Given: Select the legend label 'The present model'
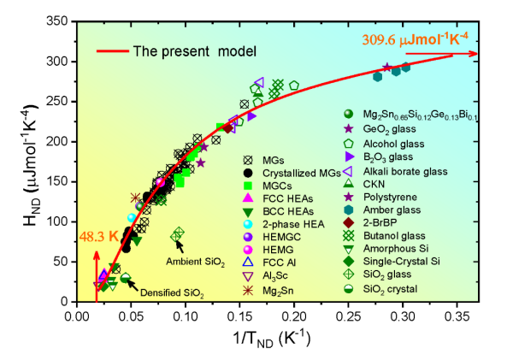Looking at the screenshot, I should (195, 51).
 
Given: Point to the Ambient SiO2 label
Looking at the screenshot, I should (201, 262).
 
